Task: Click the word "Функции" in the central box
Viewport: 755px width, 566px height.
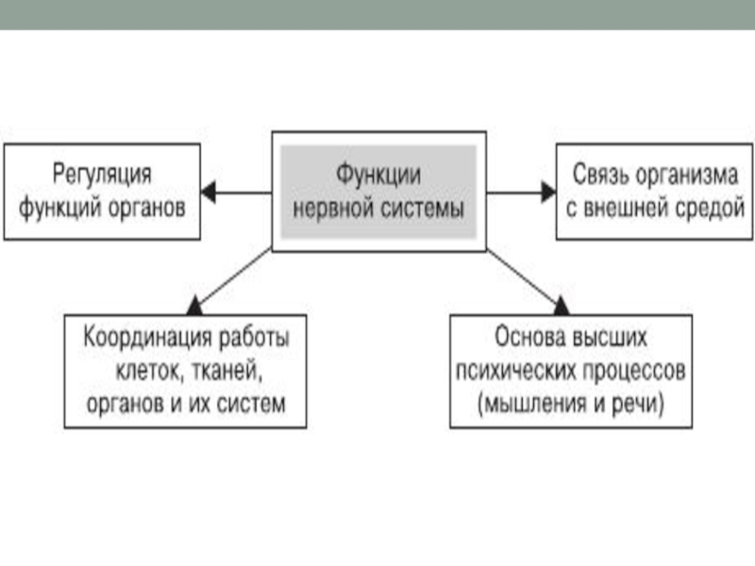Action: pos(379,175)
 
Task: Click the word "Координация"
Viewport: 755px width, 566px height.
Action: pos(142,337)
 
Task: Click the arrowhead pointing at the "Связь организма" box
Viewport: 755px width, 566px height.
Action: pos(548,191)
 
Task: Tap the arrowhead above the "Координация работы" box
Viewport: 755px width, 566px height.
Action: pos(194,304)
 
